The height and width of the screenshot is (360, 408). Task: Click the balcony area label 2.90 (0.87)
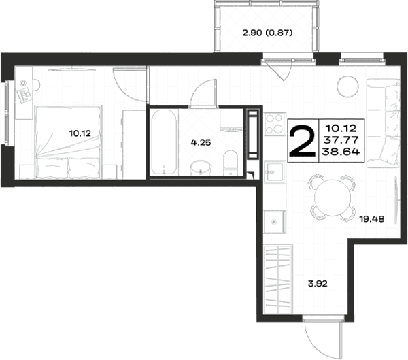[267, 33]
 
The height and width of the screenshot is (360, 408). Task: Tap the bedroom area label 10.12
[80, 133]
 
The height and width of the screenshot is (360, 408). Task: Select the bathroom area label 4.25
[201, 142]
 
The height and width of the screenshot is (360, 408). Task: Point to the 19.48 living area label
[372, 219]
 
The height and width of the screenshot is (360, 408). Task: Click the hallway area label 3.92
[318, 283]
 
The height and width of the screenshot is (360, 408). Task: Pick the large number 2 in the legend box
[303, 141]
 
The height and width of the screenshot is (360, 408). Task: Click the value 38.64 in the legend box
[341, 152]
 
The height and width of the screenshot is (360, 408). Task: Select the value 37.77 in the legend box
[341, 140]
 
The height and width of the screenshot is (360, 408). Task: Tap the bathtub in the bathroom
[164, 142]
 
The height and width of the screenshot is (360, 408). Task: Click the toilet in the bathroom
[231, 163]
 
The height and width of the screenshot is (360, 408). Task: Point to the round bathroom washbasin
[201, 168]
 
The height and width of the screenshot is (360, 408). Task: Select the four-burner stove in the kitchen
[275, 124]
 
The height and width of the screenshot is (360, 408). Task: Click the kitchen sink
[275, 172]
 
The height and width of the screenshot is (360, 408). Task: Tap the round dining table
[333, 197]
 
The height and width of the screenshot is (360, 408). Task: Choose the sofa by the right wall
[383, 123]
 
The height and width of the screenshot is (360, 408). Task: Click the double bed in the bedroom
[68, 142]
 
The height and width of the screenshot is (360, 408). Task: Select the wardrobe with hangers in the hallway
[277, 279]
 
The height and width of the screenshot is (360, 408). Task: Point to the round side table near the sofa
[347, 86]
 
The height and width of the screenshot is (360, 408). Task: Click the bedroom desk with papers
[24, 93]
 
